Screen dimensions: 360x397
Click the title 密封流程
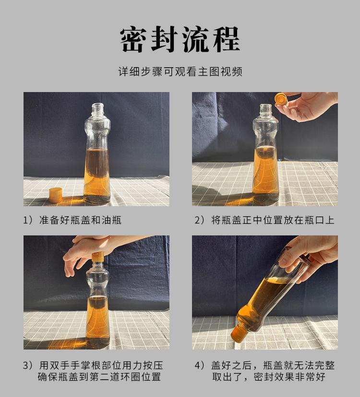tap(180, 39)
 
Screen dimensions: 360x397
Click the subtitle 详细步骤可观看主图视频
tap(180, 71)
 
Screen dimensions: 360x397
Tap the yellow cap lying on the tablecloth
tap(56, 195)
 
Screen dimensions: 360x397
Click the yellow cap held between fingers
tap(280, 99)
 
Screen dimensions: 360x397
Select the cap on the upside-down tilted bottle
tap(239, 334)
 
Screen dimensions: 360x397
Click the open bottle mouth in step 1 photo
tap(98, 105)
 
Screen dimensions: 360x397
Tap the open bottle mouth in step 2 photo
tap(266, 106)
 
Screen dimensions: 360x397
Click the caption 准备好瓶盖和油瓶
tap(80, 220)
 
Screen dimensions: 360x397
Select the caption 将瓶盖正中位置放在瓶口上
tap(273, 220)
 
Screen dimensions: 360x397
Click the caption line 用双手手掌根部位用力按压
tap(101, 365)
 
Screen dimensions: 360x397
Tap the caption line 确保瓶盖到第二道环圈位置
tap(99, 377)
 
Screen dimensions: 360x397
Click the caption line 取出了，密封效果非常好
tap(269, 377)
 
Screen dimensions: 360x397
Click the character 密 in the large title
tap(133, 39)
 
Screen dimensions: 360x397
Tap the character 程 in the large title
tap(227, 39)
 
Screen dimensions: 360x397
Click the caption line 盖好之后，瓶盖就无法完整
tap(273, 365)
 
